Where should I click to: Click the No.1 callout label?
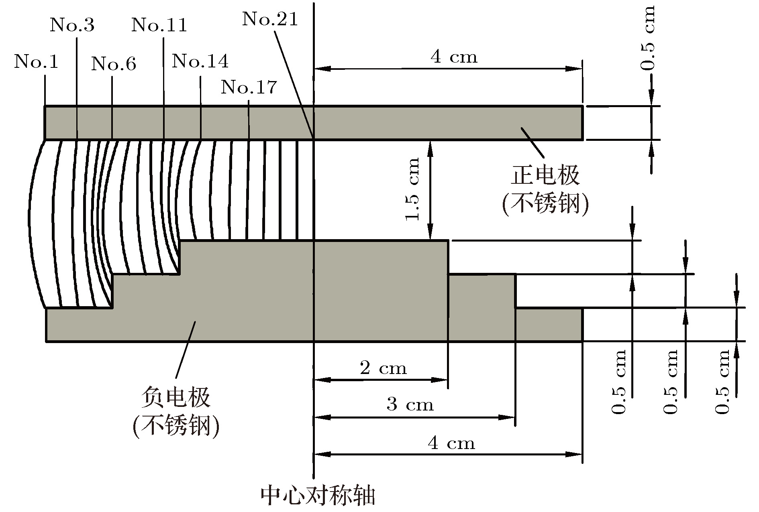point(36,62)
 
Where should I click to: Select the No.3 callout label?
point(72,25)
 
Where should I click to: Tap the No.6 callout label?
point(114,63)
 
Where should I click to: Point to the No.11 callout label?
point(159,25)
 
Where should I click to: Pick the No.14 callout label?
point(200,61)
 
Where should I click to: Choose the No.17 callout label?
point(249,87)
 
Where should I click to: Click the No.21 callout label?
point(270,18)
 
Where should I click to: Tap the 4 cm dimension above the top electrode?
point(454,57)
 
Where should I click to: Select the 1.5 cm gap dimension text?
point(412,189)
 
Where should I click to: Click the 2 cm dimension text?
point(383,368)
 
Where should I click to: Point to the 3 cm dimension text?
point(410,404)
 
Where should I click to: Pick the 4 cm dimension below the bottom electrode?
point(451,443)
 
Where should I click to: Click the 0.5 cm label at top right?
point(647,38)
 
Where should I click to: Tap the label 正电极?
point(545,175)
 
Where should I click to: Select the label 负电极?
point(175,398)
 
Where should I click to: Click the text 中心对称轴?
point(318,496)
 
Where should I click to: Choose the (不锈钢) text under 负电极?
point(175,426)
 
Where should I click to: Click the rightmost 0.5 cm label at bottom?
point(722,382)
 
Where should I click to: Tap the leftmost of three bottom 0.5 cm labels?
point(618,382)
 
